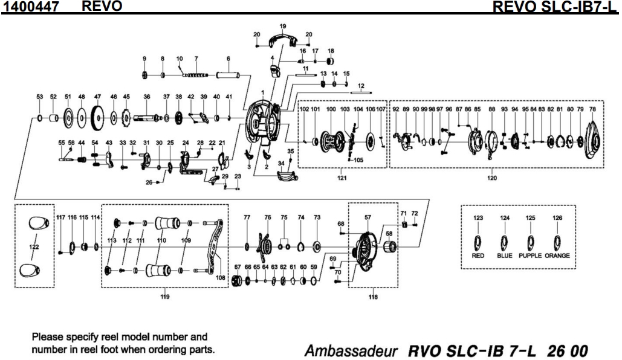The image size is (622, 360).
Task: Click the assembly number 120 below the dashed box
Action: coord(492,178)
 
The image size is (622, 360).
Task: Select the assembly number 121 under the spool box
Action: coord(342,178)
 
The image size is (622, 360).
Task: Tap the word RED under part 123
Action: coord(478,256)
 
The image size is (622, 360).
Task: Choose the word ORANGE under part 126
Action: coord(557,256)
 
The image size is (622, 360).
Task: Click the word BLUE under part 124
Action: coord(504,256)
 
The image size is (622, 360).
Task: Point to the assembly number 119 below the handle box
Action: coord(164,297)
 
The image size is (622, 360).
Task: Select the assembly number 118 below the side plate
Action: coord(372,297)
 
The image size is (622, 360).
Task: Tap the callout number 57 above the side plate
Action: coord(368,216)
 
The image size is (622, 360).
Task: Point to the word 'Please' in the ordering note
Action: coord(48,336)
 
